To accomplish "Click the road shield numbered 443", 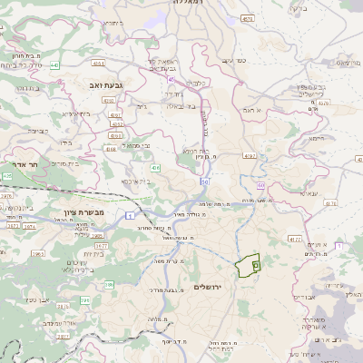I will tap(54, 65).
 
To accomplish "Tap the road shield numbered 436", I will tap(156, 168).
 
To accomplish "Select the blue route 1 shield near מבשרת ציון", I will tap(129, 215).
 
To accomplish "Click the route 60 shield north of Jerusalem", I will tap(205, 181).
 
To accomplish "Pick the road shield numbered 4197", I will tap(250, 155).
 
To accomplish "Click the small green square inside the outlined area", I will tap(255, 265).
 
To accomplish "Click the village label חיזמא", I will tap(315, 138).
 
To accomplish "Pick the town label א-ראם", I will tap(251, 110).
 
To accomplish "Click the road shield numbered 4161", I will tap(98, 64).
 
